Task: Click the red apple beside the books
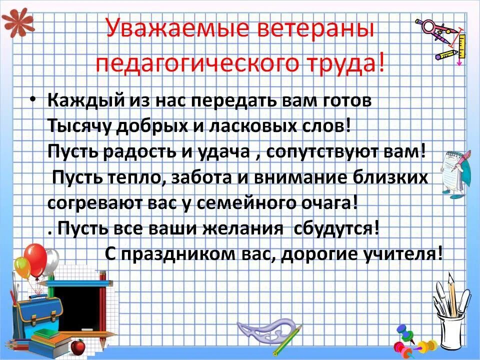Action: pyautogui.click(x=77, y=346)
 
